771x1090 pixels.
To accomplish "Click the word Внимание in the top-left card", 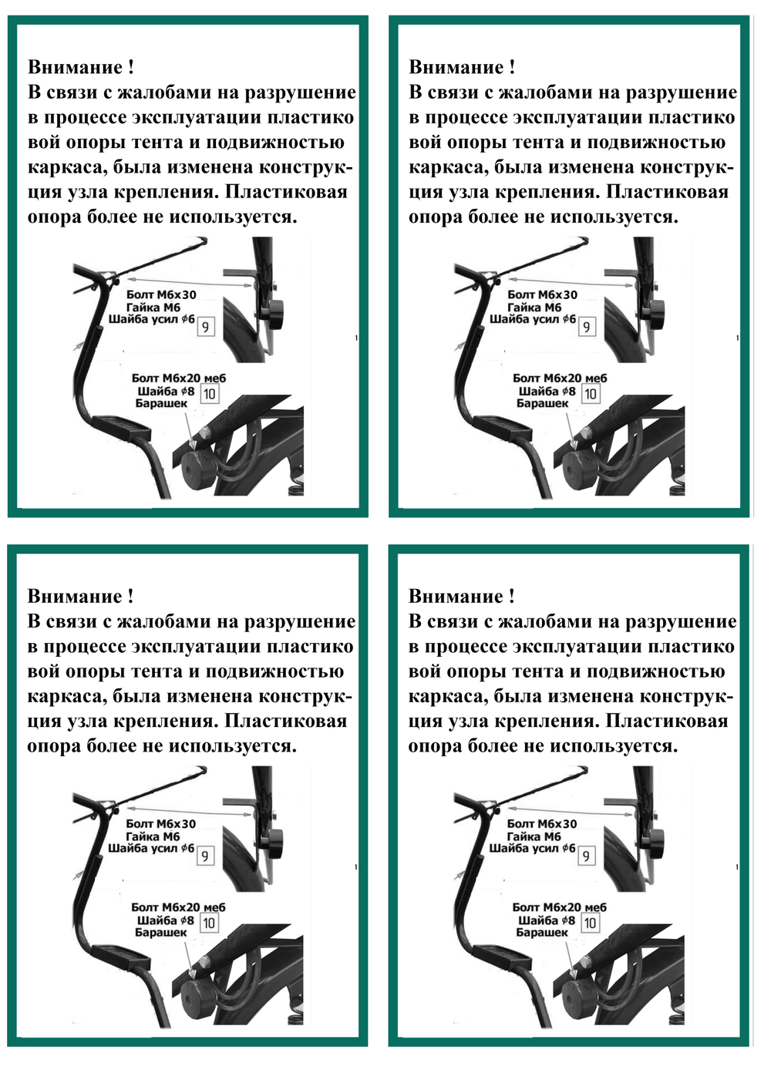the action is click(x=75, y=67).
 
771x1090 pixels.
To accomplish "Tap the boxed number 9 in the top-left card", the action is click(x=205, y=327).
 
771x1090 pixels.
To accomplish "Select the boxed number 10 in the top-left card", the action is click(x=209, y=393).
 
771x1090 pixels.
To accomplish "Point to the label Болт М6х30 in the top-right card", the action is click(x=542, y=294).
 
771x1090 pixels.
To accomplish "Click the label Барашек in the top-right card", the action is click(x=542, y=403).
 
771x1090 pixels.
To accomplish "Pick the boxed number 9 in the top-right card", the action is click(x=586, y=327).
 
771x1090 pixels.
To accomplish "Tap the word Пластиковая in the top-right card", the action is click(x=668, y=192).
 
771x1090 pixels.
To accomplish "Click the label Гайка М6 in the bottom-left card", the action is click(x=153, y=836).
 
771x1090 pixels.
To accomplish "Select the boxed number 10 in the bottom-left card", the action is click(x=209, y=922).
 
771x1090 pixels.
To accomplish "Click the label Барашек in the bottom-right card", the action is click(x=542, y=932).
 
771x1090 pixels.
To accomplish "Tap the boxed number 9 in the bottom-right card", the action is click(x=585, y=856).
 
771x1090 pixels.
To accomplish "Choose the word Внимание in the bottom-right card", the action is click(x=456, y=596).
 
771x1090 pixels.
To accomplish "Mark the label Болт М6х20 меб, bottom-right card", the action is click(x=560, y=907).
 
